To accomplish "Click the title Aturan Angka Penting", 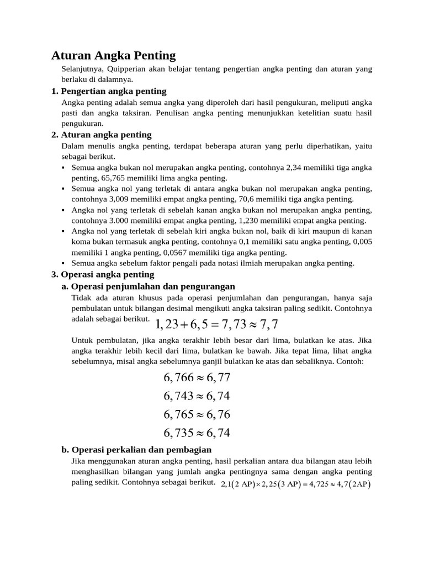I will [113, 55].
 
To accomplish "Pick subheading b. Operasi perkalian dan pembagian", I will [136, 450].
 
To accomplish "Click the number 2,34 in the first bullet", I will [293, 167].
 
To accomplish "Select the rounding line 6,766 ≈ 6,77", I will [197, 378].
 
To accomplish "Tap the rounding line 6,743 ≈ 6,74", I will [197, 396].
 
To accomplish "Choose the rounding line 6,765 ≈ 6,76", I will [197, 414].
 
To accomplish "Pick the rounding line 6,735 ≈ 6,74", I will [197, 433].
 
